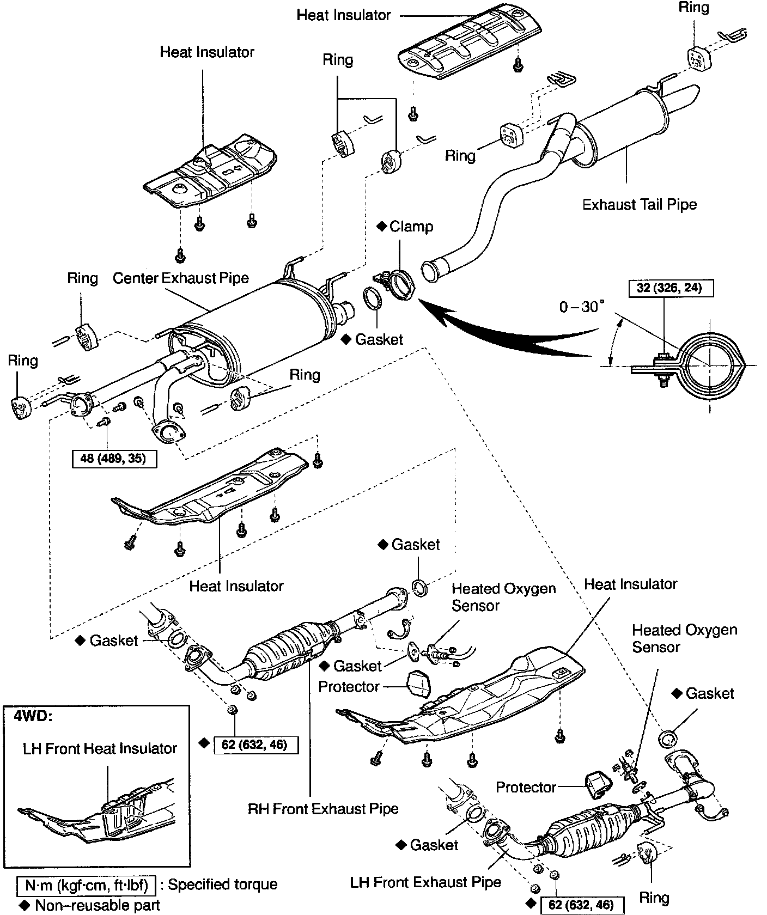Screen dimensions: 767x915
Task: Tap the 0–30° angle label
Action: (x=582, y=307)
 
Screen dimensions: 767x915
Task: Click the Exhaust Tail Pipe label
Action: (x=640, y=205)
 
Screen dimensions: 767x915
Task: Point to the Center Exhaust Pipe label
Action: (x=181, y=278)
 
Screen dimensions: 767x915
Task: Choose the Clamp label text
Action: (x=411, y=227)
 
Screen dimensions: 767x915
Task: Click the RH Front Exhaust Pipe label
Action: (x=323, y=809)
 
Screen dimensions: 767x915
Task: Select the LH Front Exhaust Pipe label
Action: (x=426, y=882)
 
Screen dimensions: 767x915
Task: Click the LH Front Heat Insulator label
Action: (x=100, y=748)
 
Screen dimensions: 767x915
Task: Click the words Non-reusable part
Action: (x=98, y=905)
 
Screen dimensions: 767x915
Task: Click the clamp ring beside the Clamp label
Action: (x=403, y=283)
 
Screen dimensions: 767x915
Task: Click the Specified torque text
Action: (x=222, y=884)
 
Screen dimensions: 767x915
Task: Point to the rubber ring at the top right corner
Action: (x=696, y=58)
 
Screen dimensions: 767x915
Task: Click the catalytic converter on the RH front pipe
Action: (x=283, y=653)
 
